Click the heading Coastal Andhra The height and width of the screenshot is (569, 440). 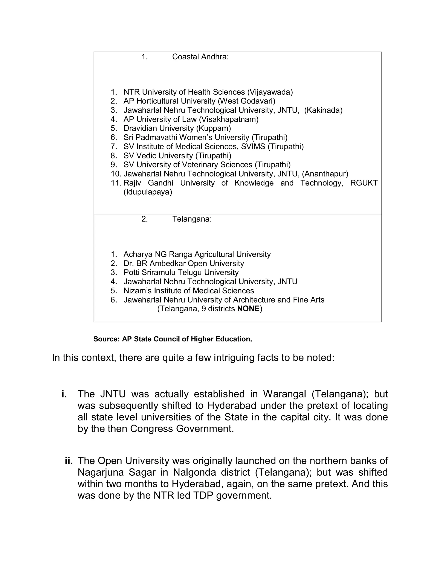click(200, 57)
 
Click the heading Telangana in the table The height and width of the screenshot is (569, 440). click(192, 219)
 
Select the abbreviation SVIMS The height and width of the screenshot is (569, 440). click(253, 146)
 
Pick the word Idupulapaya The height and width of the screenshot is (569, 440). click(148, 192)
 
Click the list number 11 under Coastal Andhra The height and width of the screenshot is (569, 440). click(116, 183)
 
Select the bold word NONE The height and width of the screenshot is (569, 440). click(248, 309)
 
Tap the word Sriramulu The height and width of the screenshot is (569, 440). click(159, 272)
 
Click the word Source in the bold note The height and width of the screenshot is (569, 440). click(106, 339)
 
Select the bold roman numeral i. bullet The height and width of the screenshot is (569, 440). click(64, 394)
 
